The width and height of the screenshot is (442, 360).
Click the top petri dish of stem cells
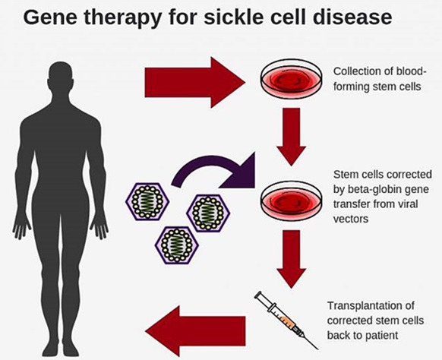(x=288, y=79)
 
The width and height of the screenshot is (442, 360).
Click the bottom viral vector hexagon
(x=176, y=245)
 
